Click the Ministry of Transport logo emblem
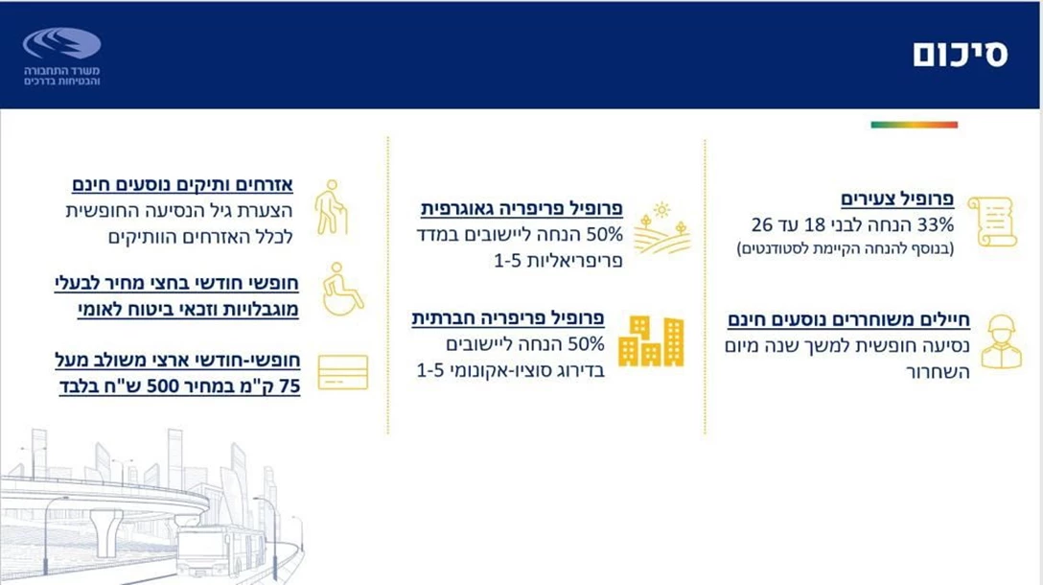click(x=62, y=43)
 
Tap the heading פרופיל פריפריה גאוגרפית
click(x=522, y=208)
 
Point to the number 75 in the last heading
click(x=288, y=388)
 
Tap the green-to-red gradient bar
click(x=914, y=125)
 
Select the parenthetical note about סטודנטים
click(x=845, y=249)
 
